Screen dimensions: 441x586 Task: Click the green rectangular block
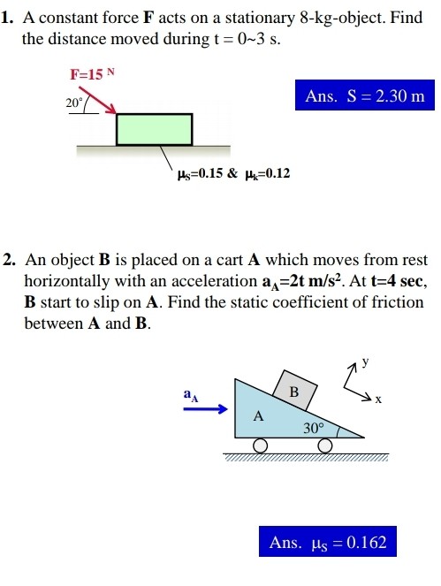(x=154, y=128)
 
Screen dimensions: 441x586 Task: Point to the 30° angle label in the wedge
(x=315, y=429)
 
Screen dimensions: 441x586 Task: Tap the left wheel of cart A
(x=261, y=446)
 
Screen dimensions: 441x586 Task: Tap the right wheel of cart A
(x=326, y=446)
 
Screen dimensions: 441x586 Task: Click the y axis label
(x=363, y=361)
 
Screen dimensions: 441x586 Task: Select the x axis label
(x=377, y=400)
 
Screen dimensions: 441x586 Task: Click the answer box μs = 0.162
(x=328, y=542)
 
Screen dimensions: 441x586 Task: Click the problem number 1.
(x=7, y=15)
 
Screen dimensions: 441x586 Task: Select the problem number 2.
(x=7, y=261)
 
